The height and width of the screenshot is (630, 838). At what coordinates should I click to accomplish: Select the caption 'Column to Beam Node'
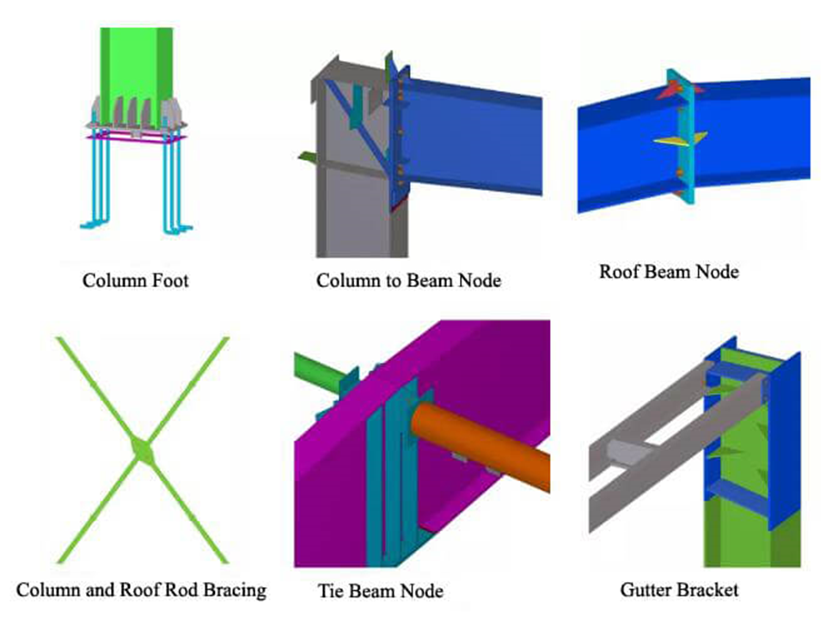(408, 280)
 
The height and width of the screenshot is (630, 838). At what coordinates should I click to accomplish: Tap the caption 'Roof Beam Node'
(669, 272)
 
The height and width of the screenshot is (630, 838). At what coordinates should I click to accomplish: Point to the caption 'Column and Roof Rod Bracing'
(142, 590)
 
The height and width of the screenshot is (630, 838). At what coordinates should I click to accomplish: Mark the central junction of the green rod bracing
(141, 450)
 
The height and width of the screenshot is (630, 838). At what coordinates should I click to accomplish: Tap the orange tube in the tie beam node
(481, 447)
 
